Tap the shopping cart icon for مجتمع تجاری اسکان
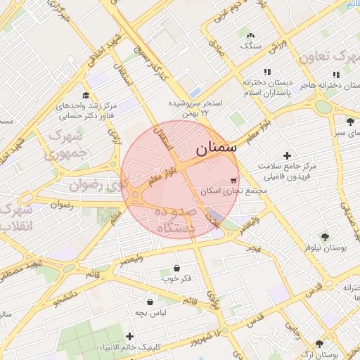coord(233,180)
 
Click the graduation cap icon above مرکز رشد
coord(86,96)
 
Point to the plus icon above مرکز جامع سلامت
coord(286,155)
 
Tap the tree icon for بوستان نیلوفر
coord(324,237)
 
